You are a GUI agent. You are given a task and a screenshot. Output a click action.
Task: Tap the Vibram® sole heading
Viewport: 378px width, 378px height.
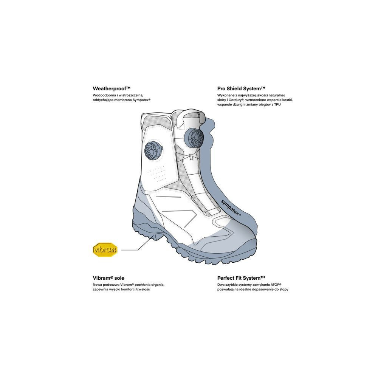pyautogui.click(x=108, y=277)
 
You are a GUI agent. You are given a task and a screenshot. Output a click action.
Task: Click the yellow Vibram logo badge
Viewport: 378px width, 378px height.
pyautogui.click(x=105, y=249)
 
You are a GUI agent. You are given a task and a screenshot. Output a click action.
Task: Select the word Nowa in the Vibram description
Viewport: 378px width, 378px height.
pyautogui.click(x=97, y=284)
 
